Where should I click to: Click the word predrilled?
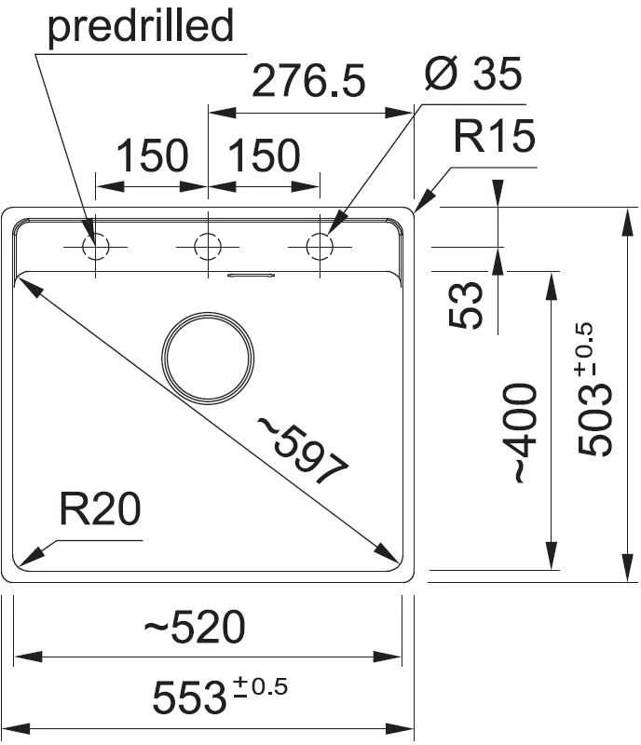click(x=141, y=27)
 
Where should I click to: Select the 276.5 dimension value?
click(x=308, y=81)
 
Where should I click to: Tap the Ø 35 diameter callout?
click(x=473, y=74)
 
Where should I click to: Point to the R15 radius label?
click(x=495, y=136)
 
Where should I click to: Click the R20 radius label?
click(x=100, y=508)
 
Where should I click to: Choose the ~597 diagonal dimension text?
click(x=303, y=450)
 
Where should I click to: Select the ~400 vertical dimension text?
click(x=525, y=433)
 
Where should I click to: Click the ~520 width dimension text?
click(x=195, y=627)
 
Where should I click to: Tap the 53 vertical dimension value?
click(x=466, y=305)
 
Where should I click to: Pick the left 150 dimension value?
click(x=152, y=156)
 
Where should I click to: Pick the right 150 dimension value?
click(x=265, y=156)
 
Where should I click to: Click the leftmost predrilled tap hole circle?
click(x=96, y=247)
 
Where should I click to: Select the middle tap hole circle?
click(x=208, y=247)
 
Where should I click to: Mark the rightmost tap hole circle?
click(x=320, y=247)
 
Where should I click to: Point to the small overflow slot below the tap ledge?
click(x=251, y=275)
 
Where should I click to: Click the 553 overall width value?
click(x=188, y=697)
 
